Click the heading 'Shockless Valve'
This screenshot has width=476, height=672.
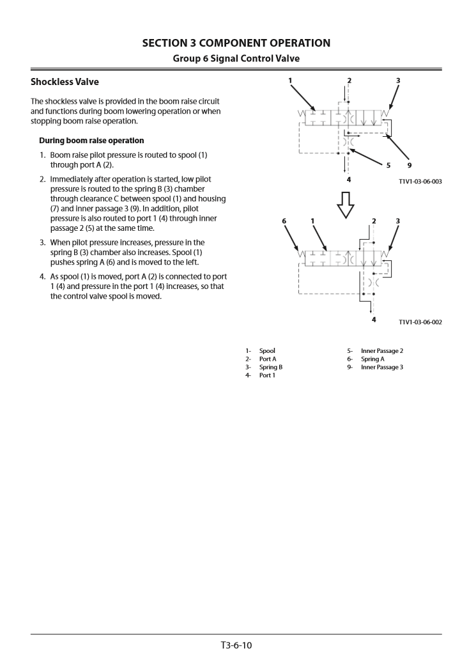pyautogui.click(x=65, y=82)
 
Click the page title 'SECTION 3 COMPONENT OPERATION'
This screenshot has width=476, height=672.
pyautogui.click(x=236, y=43)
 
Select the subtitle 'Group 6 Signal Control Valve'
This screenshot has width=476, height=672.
pyautogui.click(x=236, y=58)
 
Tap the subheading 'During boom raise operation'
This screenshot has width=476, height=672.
pyautogui.click(x=91, y=140)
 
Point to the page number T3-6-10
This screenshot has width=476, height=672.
pyautogui.click(x=236, y=645)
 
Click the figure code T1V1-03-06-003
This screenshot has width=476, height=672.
pyautogui.click(x=420, y=182)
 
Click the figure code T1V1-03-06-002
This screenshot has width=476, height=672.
pyautogui.click(x=420, y=322)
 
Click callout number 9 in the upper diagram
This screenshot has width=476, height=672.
pyautogui.click(x=409, y=166)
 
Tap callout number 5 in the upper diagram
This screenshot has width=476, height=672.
pyautogui.click(x=388, y=166)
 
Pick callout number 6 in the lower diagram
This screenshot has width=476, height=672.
pyautogui.click(x=284, y=221)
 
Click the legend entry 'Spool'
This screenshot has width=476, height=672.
pyautogui.click(x=267, y=350)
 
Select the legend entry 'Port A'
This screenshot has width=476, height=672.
pyautogui.click(x=268, y=359)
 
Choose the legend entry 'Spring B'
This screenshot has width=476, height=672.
pyautogui.click(x=270, y=367)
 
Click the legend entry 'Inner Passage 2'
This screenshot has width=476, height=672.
pyautogui.click(x=381, y=350)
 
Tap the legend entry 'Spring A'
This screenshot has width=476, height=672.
pyautogui.click(x=372, y=359)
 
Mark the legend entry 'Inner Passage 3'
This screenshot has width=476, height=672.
pyautogui.click(x=381, y=367)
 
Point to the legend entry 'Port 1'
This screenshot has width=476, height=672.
pyautogui.click(x=267, y=375)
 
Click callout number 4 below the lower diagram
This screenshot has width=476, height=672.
pyautogui.click(x=374, y=319)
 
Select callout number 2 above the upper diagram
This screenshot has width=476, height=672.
pyautogui.click(x=349, y=81)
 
